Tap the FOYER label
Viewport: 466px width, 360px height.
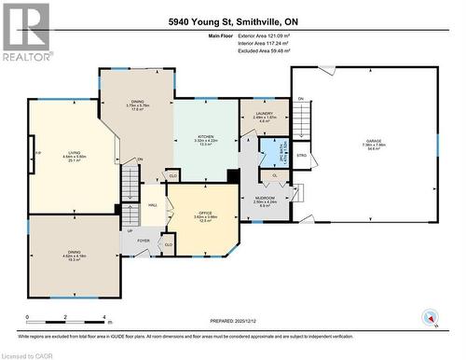pyautogui.click(x=143, y=241)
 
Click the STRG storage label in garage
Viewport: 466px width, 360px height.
pyautogui.click(x=301, y=155)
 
